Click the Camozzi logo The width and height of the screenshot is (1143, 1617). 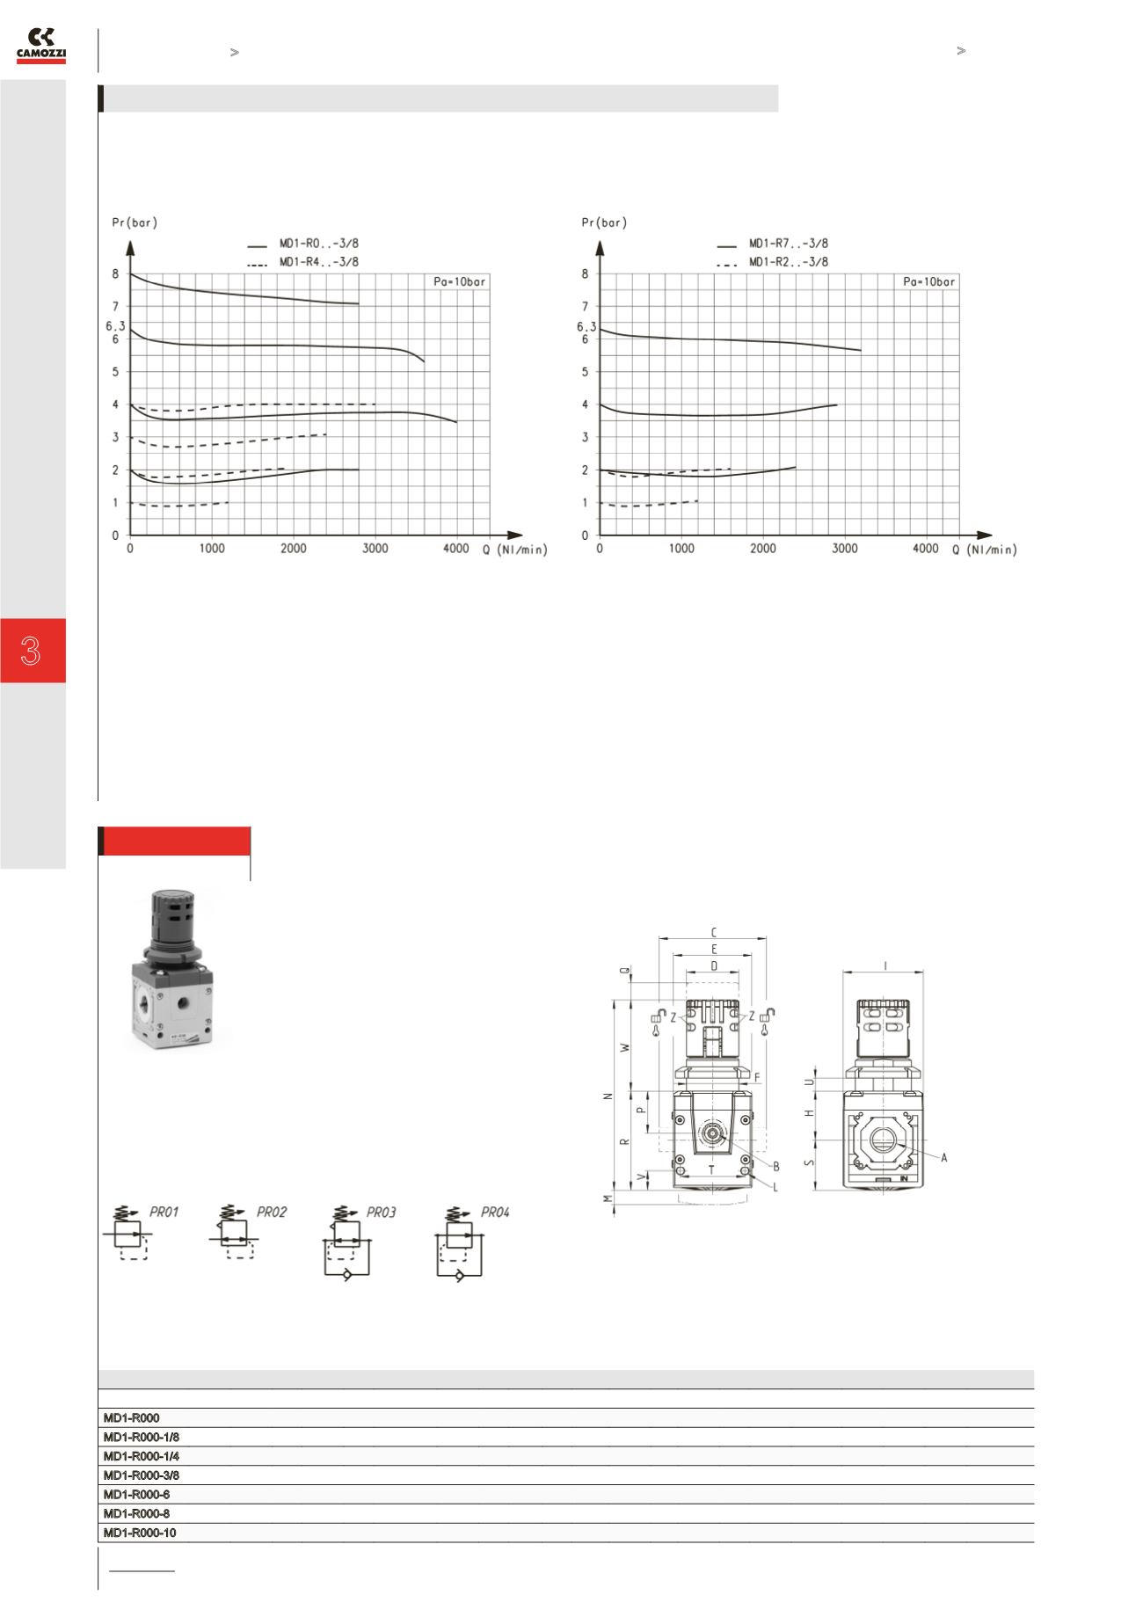41,45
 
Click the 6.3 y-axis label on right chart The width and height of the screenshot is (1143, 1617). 586,327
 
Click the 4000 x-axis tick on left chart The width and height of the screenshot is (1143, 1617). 456,549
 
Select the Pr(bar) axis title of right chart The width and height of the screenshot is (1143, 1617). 603,222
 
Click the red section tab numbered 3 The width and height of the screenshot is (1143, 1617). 33,651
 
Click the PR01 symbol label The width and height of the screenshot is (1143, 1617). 164,1213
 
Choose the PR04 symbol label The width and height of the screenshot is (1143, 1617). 495,1213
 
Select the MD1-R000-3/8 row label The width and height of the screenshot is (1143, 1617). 142,1475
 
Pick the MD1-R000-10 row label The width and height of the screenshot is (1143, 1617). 140,1533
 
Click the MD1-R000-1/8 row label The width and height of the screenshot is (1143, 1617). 142,1437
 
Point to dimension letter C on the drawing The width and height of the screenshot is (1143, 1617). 714,932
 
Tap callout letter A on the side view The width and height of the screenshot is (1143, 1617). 944,1158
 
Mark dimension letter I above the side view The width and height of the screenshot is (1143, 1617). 885,966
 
